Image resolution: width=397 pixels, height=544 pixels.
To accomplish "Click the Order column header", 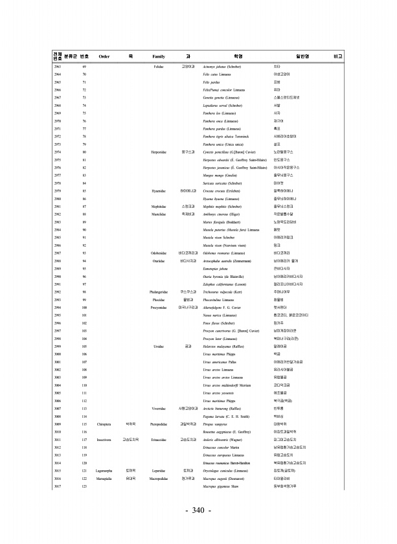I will (104, 56).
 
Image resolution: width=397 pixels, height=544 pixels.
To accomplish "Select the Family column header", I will (158, 56).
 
